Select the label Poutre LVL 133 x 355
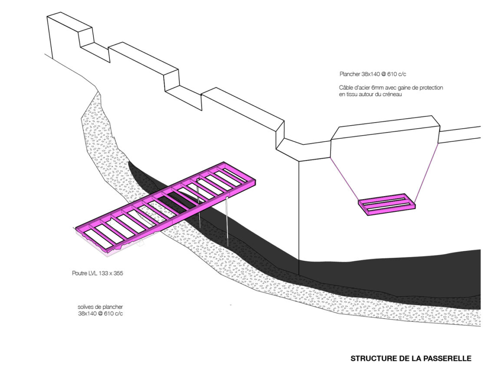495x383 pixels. (x=98, y=273)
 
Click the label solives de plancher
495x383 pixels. (x=100, y=307)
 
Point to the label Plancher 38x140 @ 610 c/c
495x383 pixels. (x=373, y=74)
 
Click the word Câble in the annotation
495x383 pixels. (x=346, y=87)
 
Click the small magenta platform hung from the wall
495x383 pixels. (x=386, y=204)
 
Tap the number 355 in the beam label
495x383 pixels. (x=118, y=273)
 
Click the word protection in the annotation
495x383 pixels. (x=431, y=88)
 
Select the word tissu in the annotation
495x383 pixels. (x=352, y=94)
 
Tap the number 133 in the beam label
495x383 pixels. (x=103, y=273)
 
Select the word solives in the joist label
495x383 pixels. (x=85, y=307)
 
